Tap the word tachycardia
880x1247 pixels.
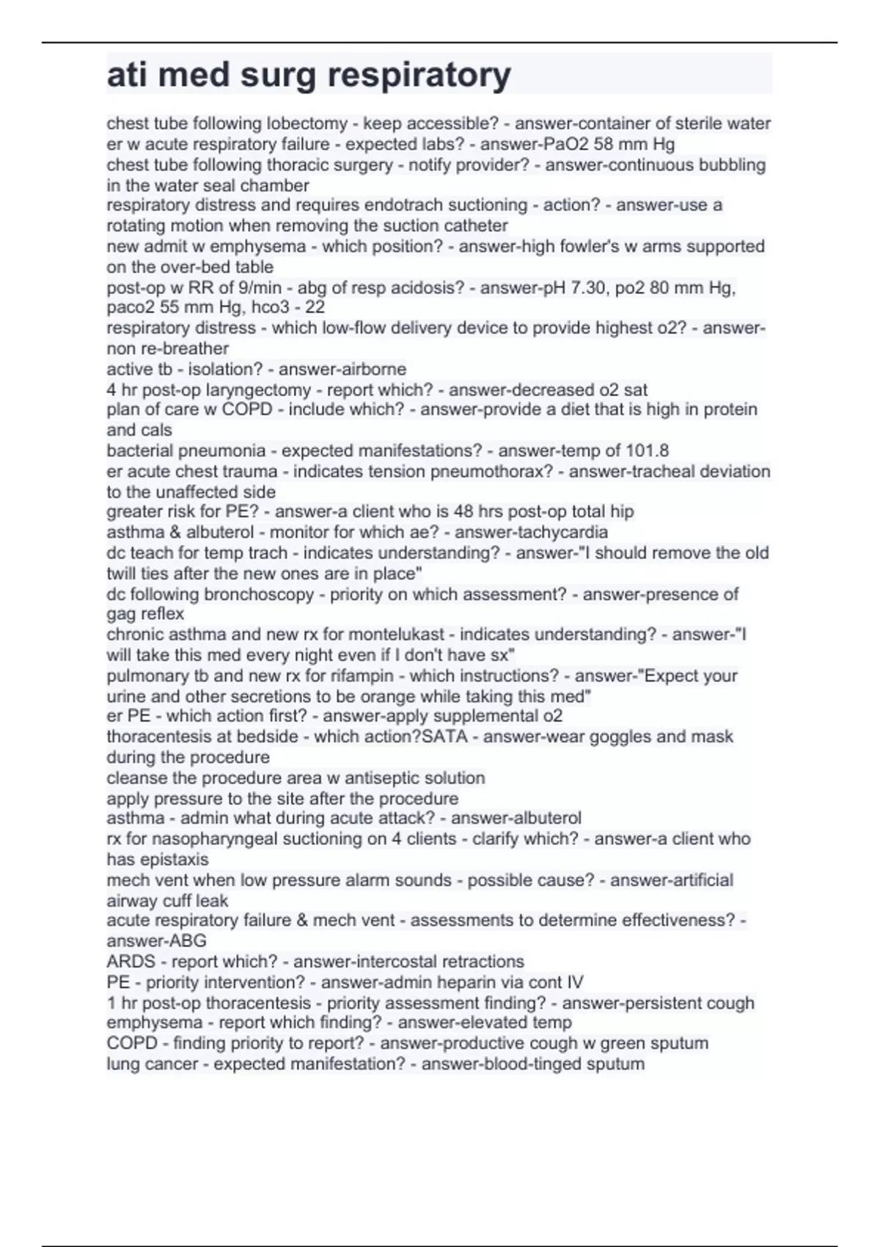click(562, 532)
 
